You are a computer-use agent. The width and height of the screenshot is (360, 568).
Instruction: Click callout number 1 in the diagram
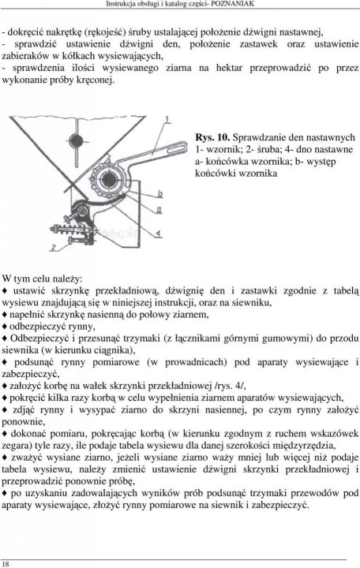coord(167,119)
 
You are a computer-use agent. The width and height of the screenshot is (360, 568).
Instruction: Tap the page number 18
coord(6,562)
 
